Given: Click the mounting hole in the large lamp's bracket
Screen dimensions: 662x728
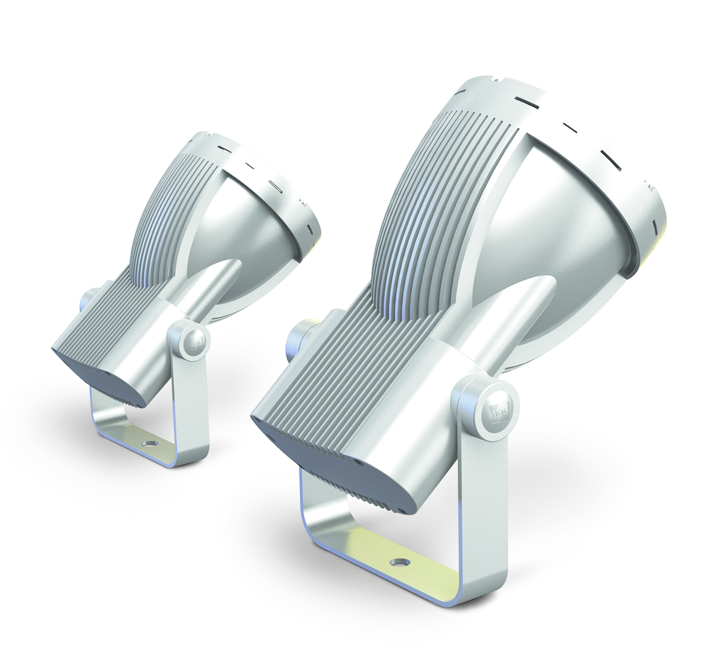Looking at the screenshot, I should tap(399, 564).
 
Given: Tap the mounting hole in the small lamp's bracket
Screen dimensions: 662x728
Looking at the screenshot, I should tap(146, 444).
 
